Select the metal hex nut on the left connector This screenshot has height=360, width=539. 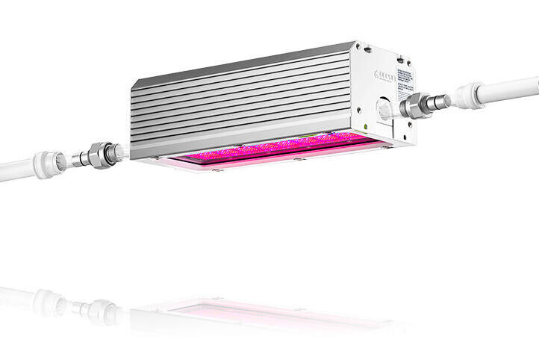coord(98,155)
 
